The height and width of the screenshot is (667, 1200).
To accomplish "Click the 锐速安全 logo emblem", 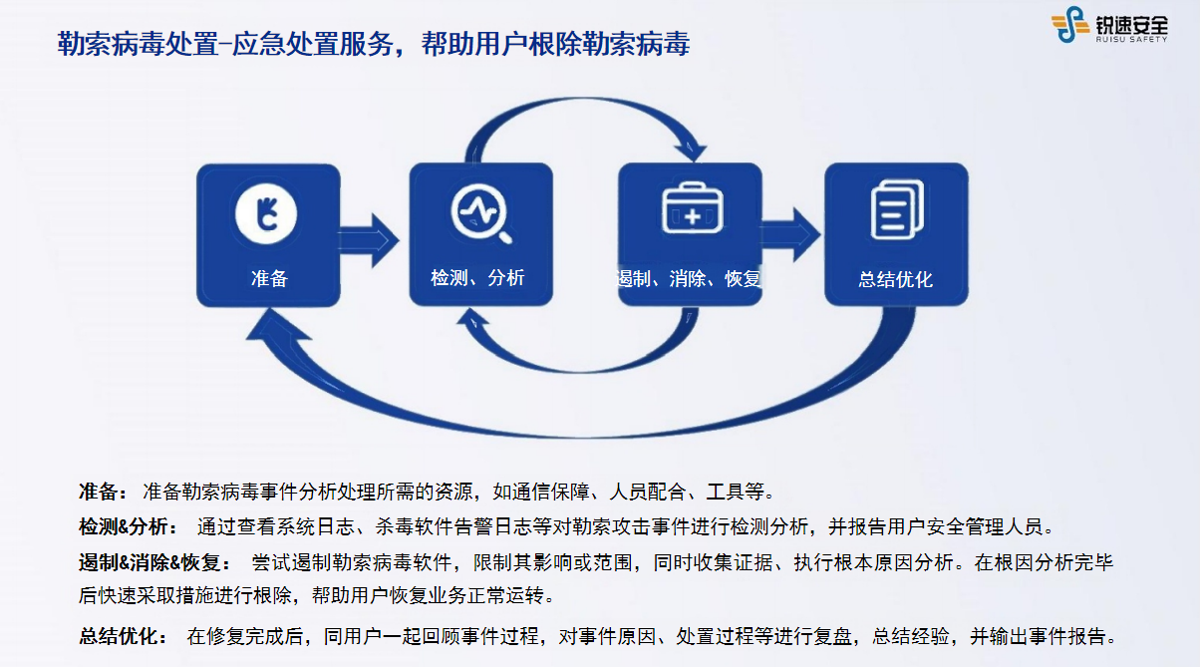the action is coord(1069,24).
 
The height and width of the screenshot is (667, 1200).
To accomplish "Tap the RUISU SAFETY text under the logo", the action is coord(1131,39).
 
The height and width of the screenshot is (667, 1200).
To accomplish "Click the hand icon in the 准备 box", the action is coord(266,213).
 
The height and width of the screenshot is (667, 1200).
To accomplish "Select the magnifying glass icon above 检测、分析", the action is coord(481,213).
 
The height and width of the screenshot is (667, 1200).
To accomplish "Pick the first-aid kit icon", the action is coord(692,207).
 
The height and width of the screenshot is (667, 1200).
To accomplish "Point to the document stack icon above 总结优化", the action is coord(897,209).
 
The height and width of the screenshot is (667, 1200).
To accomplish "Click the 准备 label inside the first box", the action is coord(269,278).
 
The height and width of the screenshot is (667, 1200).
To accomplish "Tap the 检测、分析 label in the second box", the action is coord(477,278).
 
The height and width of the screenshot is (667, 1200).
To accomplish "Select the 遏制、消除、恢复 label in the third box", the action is coord(690,278).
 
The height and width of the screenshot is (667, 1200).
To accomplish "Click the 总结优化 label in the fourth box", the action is coord(895,279).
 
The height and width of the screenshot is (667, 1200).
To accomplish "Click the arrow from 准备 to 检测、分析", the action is coord(368,240).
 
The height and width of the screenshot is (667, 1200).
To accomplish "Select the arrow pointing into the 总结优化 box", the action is coord(790,234).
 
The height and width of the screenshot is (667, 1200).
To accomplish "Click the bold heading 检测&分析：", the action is coord(129,526).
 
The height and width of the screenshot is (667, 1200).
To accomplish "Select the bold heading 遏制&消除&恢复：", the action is coord(155,562).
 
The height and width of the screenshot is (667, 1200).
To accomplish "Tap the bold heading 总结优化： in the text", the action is coord(124,636).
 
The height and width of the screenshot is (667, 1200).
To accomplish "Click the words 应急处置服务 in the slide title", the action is coord(313,44).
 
